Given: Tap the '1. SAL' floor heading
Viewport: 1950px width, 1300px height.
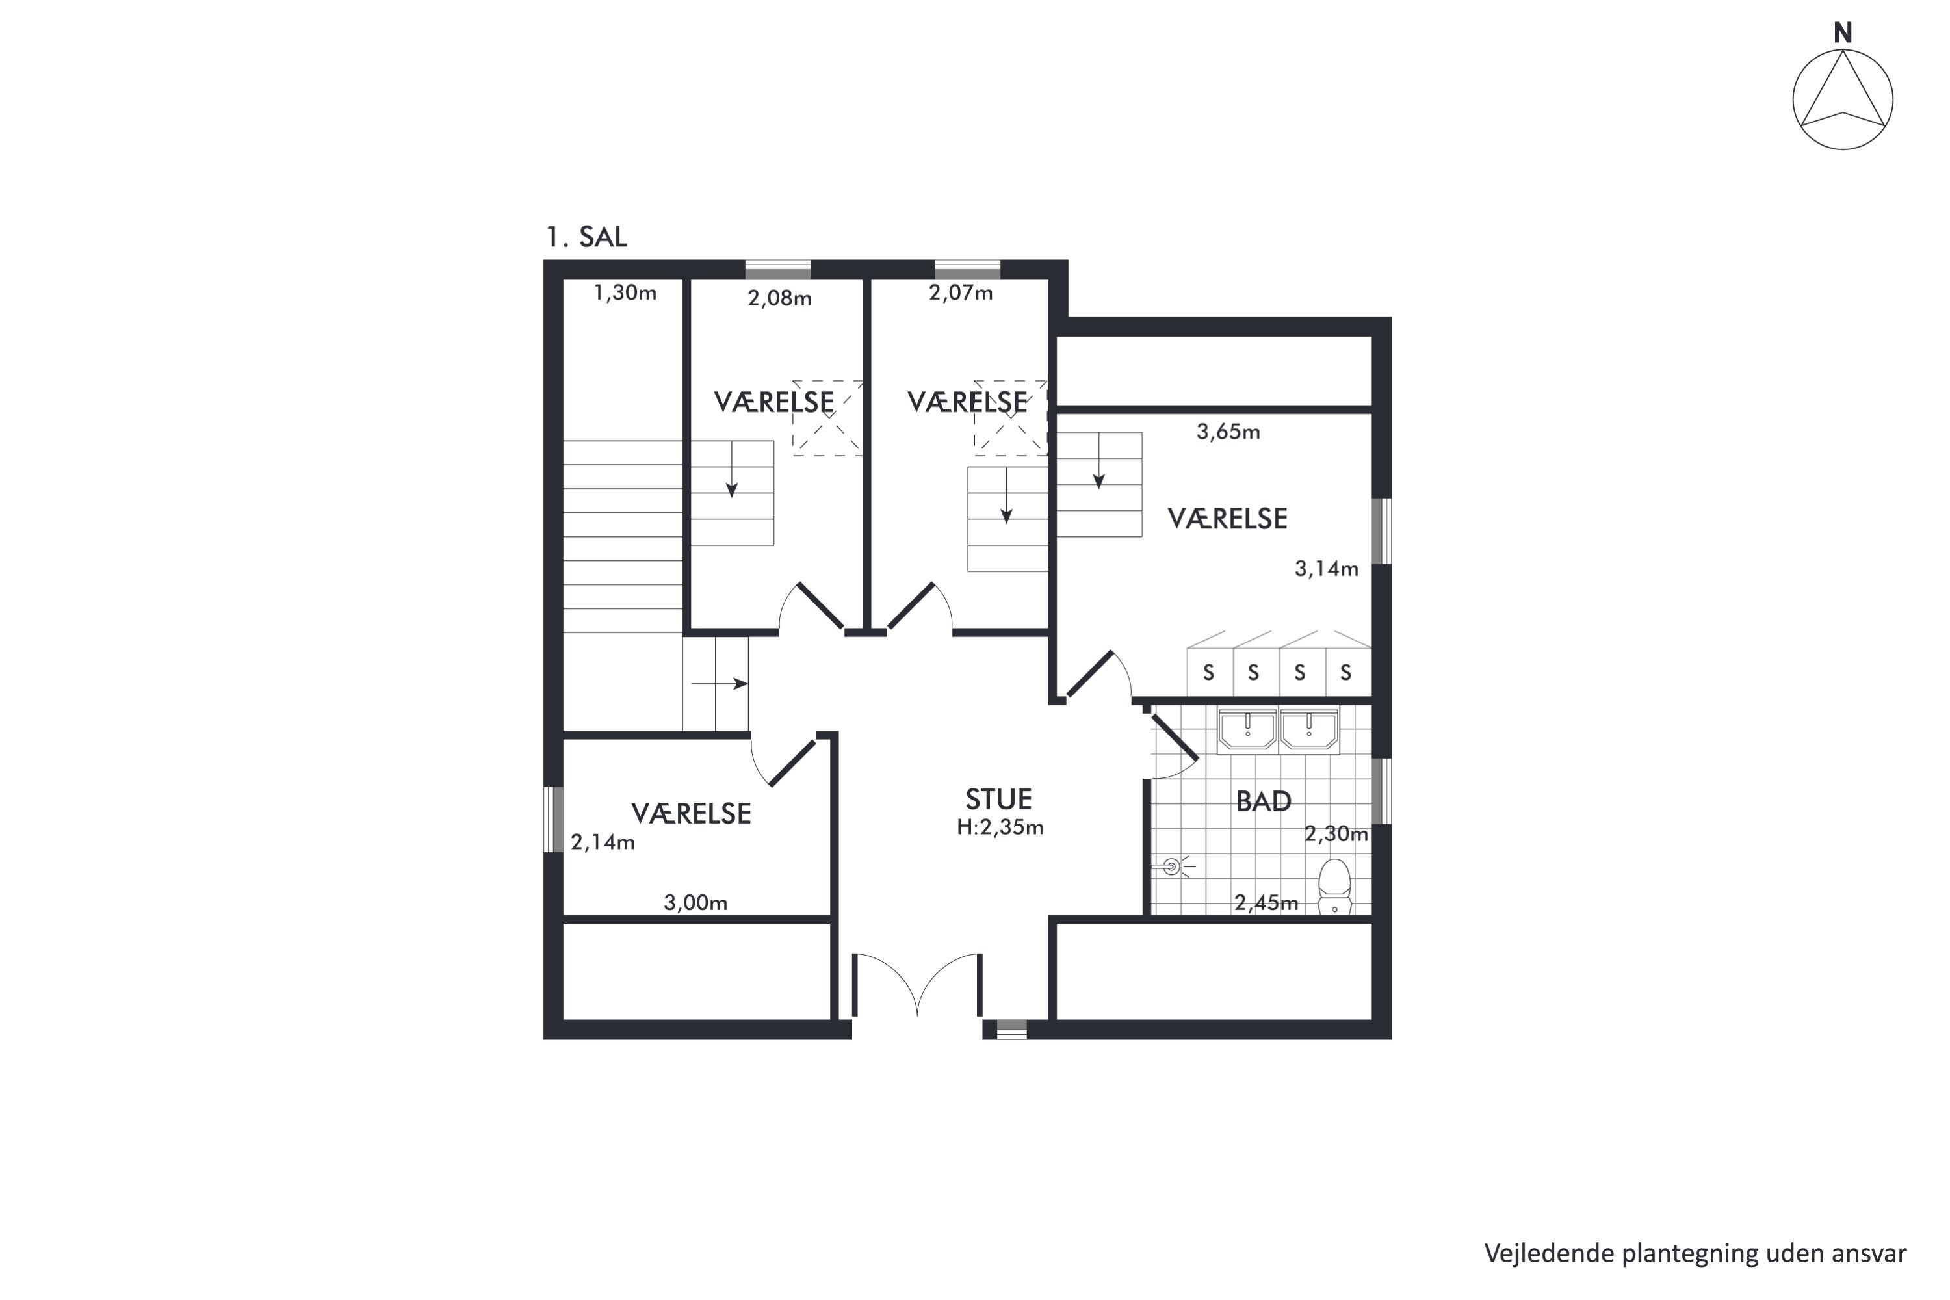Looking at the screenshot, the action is tap(586, 237).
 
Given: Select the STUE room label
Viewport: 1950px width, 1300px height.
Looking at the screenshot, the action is tap(998, 799).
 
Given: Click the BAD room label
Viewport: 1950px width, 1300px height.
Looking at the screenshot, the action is tap(1264, 801).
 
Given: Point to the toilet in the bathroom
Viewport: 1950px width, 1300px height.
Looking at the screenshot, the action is tap(1334, 887).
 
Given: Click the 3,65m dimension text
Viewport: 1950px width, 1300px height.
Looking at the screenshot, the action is tap(1228, 432).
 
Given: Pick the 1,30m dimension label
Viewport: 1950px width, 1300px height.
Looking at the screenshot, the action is tap(625, 292).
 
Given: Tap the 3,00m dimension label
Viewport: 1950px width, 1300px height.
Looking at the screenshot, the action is tap(695, 903).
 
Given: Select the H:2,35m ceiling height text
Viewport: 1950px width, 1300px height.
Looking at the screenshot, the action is tap(1000, 827).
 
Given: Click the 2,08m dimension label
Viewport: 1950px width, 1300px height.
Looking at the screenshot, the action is tap(779, 298).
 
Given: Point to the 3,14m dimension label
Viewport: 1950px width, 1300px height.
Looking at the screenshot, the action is tap(1327, 569).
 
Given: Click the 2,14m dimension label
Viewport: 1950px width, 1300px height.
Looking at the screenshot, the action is tap(603, 842).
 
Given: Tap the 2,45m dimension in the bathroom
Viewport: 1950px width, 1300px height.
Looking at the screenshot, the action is tap(1266, 903).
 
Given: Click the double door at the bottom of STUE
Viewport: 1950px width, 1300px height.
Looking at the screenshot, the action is tap(917, 985).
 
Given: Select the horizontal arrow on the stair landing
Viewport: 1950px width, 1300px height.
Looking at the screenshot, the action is tap(720, 684).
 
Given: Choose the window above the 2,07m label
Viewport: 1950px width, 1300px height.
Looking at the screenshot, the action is tap(968, 270).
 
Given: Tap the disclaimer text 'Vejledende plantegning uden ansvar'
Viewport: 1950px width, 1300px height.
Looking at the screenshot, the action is tap(1695, 1254).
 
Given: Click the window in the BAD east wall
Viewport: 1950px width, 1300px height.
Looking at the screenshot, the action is tap(1381, 791).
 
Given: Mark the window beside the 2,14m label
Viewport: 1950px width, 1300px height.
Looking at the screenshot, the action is tap(554, 819).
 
